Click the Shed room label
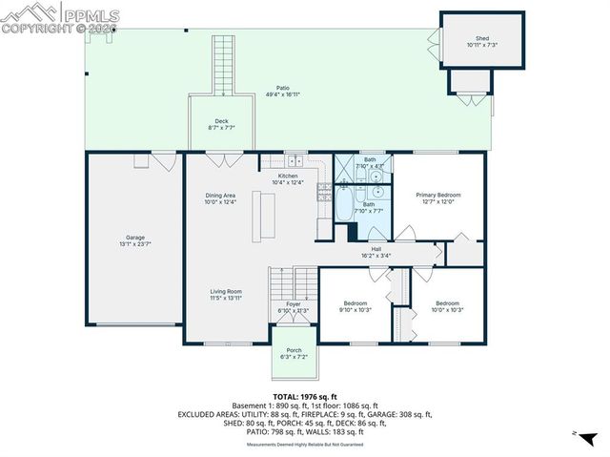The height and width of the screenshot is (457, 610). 482,39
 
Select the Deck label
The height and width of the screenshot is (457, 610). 221,121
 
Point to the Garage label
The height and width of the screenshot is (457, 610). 135,238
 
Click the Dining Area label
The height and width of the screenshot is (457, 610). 219,196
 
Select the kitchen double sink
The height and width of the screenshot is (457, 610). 295,160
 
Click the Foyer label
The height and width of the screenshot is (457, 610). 295,304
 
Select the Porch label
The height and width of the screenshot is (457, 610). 295,350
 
